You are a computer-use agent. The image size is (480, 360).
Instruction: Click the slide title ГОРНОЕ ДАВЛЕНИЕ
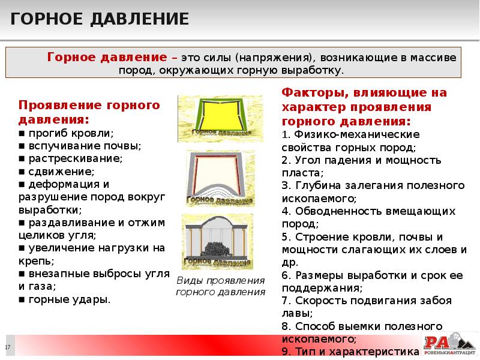[x=100, y=19]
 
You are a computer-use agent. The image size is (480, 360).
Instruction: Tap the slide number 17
[x=8, y=348]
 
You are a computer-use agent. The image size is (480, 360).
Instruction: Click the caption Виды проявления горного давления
[x=220, y=286]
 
